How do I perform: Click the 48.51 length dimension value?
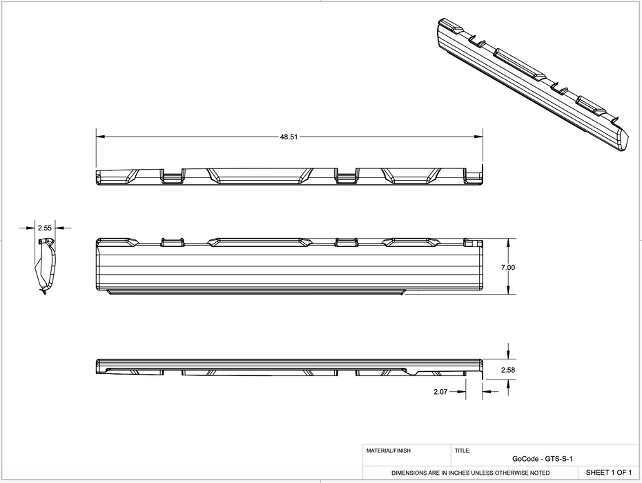(x=289, y=137)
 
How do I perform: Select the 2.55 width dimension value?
(x=45, y=227)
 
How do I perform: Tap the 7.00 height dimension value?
(x=509, y=267)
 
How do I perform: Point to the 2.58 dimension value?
(x=509, y=370)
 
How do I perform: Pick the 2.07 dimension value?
(x=440, y=391)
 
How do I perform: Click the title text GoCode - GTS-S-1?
(x=543, y=459)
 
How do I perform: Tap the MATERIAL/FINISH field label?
(x=388, y=451)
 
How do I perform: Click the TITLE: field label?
(x=463, y=451)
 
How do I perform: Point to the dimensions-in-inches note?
(x=471, y=473)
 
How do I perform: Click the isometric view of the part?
(x=532, y=83)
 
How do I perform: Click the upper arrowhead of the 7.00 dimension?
(x=509, y=242)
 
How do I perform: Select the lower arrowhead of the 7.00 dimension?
(x=509, y=291)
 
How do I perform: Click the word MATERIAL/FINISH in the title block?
(x=388, y=451)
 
